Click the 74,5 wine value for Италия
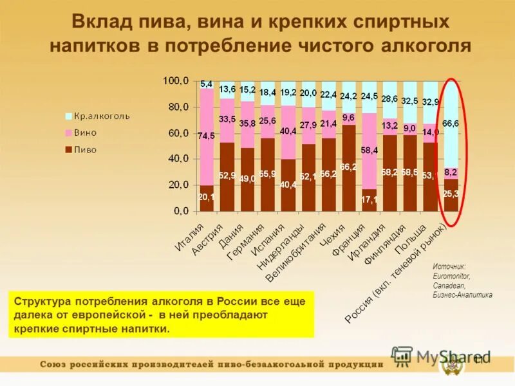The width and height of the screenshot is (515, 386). click(x=206, y=136)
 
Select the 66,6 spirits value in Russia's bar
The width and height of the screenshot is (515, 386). click(x=451, y=124)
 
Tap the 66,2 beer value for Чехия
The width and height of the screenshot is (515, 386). click(x=348, y=167)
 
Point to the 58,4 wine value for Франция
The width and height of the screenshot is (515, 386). click(x=368, y=150)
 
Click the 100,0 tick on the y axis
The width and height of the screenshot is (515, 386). click(x=176, y=81)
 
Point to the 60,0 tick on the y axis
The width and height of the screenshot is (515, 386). click(x=178, y=133)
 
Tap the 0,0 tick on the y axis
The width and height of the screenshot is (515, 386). click(x=181, y=211)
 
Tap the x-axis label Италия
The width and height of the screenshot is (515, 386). click(x=191, y=237)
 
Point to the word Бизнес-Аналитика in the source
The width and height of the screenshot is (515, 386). click(x=462, y=295)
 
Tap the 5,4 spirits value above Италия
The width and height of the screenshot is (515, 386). click(x=207, y=84)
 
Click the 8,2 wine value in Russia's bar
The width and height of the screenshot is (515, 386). click(x=451, y=172)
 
